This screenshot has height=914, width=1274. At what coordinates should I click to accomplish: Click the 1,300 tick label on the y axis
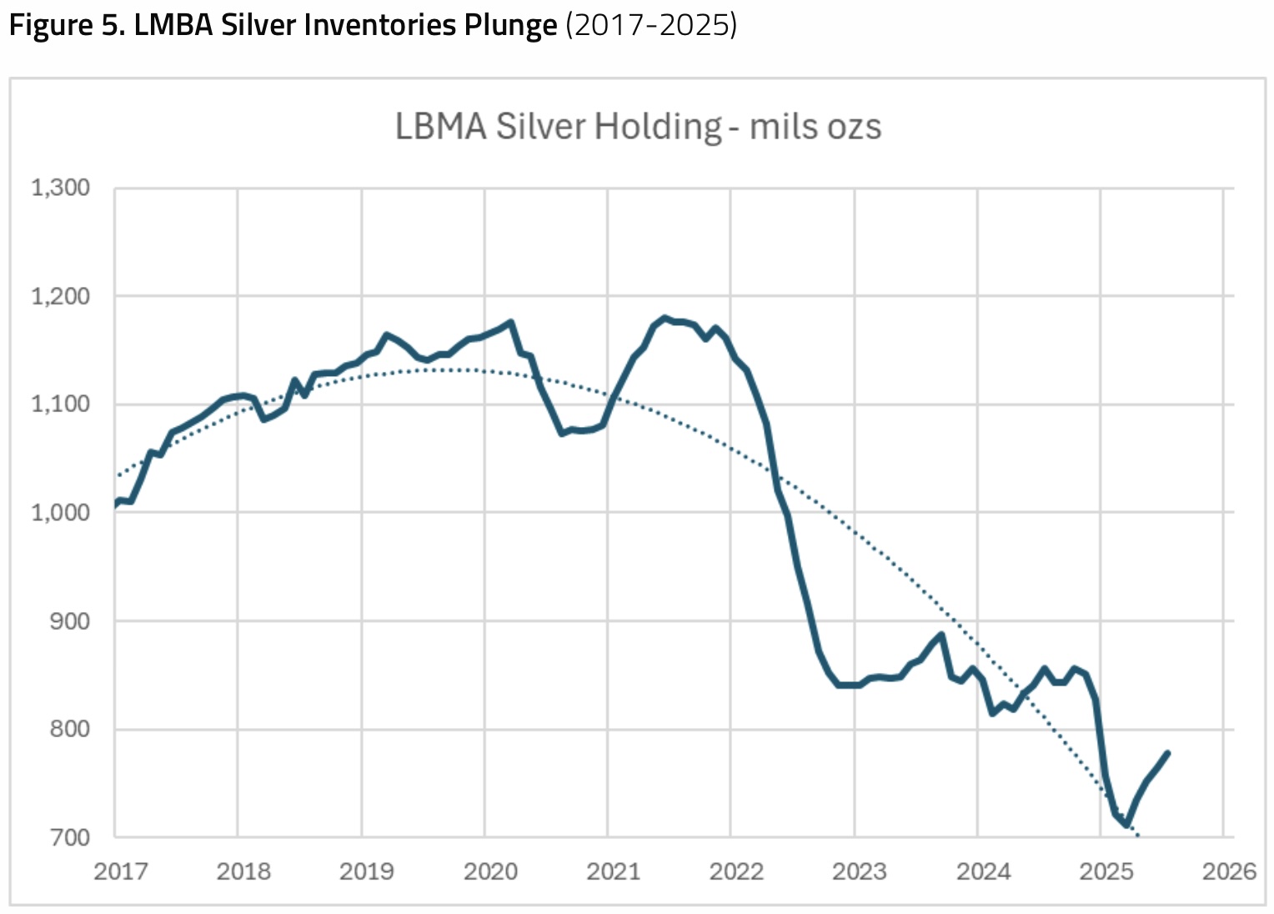(61, 188)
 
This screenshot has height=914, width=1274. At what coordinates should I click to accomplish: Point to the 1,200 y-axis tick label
(61, 296)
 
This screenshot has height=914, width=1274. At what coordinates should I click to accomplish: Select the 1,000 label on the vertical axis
(61, 512)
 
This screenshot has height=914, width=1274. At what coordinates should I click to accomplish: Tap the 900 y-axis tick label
(70, 620)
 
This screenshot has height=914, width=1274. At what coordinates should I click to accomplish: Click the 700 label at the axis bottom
(70, 836)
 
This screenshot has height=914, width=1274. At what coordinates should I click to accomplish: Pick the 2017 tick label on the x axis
(121, 871)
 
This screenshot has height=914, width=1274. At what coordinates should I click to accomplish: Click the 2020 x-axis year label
(490, 871)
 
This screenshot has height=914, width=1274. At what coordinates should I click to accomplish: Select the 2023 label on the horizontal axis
(860, 871)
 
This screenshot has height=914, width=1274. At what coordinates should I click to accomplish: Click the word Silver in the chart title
(542, 127)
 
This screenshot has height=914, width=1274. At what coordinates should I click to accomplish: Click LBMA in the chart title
(440, 127)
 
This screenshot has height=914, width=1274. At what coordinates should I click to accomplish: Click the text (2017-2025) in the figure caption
(651, 25)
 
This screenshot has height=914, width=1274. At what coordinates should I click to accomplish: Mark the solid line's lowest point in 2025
(1126, 825)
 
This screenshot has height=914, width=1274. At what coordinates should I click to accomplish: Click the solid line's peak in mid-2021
(665, 318)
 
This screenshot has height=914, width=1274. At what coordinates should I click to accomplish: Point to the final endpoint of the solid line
(1167, 753)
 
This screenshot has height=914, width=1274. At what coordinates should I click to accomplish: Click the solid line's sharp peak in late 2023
(941, 635)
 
